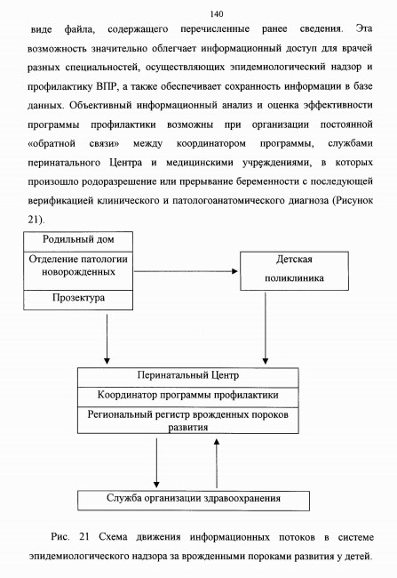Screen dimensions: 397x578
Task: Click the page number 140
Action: pyautogui.click(x=217, y=14)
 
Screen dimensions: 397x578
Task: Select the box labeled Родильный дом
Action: pyautogui.click(x=78, y=242)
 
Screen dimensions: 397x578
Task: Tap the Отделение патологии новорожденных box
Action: pyautogui.click(x=78, y=271)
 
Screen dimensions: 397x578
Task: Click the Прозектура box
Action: pyautogui.click(x=78, y=300)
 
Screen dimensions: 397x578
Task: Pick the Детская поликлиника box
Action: pyautogui.click(x=294, y=271)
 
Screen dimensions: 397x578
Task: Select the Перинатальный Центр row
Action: pyautogui.click(x=187, y=377)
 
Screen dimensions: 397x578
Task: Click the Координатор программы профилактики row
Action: pyautogui.click(x=187, y=397)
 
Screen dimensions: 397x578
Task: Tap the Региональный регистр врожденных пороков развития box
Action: pyautogui.click(x=187, y=421)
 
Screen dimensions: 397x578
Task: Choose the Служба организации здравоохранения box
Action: pyautogui.click(x=194, y=501)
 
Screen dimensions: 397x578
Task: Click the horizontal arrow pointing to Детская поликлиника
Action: pyautogui.click(x=186, y=271)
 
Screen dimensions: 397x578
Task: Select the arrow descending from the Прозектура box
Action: pyautogui.click(x=107, y=339)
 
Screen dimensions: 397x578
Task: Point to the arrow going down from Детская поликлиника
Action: pyautogui.click(x=266, y=328)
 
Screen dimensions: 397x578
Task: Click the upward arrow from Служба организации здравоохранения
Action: pyautogui.click(x=217, y=463)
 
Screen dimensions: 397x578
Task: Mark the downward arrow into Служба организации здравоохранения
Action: pyautogui.click(x=156, y=463)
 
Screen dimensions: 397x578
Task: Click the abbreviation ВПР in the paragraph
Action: pyautogui.click(x=106, y=86)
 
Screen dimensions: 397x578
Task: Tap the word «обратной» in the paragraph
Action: pyautogui.click(x=52, y=143)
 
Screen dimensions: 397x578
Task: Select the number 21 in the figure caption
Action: pyautogui.click(x=84, y=536)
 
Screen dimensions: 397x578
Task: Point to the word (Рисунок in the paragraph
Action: pyautogui.click(x=353, y=201)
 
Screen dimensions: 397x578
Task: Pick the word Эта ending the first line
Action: pyautogui.click(x=364, y=28)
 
